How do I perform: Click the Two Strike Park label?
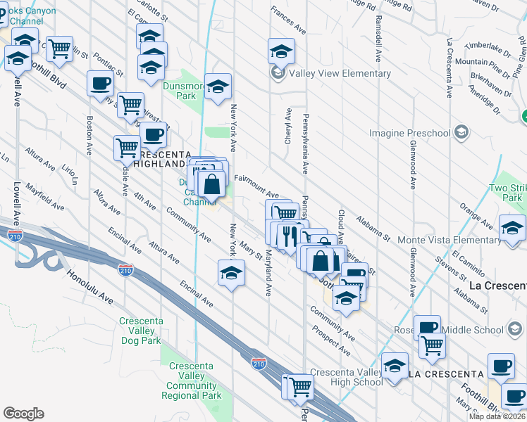(507, 193)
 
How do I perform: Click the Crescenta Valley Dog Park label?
(141, 331)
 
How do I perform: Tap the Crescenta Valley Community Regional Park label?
(191, 381)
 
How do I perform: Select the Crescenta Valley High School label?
(346, 377)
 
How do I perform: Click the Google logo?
(23, 414)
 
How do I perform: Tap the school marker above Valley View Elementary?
(281, 51)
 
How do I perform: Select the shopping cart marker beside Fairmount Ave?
(285, 212)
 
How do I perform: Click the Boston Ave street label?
(89, 135)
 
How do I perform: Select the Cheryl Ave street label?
(287, 127)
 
